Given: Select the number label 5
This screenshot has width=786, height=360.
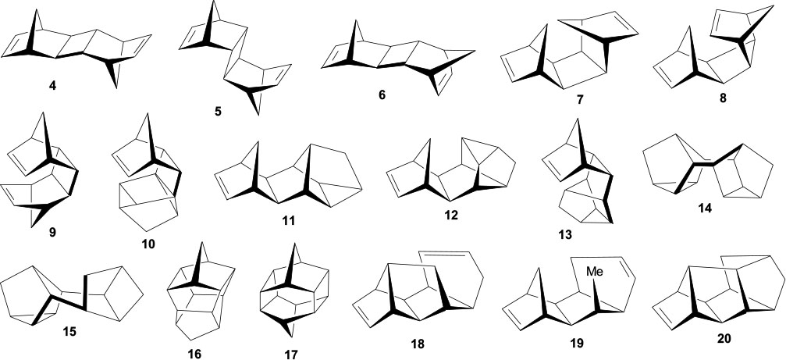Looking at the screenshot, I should point(217,112).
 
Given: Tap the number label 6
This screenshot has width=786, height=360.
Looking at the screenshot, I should point(380,94).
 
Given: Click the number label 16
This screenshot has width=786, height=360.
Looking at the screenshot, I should point(194,354).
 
